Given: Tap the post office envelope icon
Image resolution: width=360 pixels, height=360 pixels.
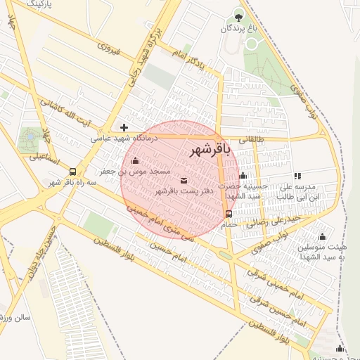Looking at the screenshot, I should (184, 181).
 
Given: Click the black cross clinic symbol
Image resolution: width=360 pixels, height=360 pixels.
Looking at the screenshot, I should (124, 127).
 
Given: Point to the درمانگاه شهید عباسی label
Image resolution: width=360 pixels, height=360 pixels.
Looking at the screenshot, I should (124, 139).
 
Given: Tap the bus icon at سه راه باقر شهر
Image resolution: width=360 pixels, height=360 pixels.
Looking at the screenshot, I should (72, 172).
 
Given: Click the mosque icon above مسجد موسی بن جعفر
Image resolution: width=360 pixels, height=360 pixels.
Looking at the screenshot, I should (135, 161).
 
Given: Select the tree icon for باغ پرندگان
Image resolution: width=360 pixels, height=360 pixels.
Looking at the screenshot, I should (239, 16).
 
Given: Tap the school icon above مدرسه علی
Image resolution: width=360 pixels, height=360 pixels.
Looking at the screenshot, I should (297, 176).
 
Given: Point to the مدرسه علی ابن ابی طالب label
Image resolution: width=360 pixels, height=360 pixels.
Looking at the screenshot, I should (300, 192).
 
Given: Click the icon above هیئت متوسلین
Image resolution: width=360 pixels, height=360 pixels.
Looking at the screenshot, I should (322, 236).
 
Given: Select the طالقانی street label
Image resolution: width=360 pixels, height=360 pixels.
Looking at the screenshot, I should (252, 139).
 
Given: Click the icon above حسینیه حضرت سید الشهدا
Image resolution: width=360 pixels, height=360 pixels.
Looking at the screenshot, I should (243, 176).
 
